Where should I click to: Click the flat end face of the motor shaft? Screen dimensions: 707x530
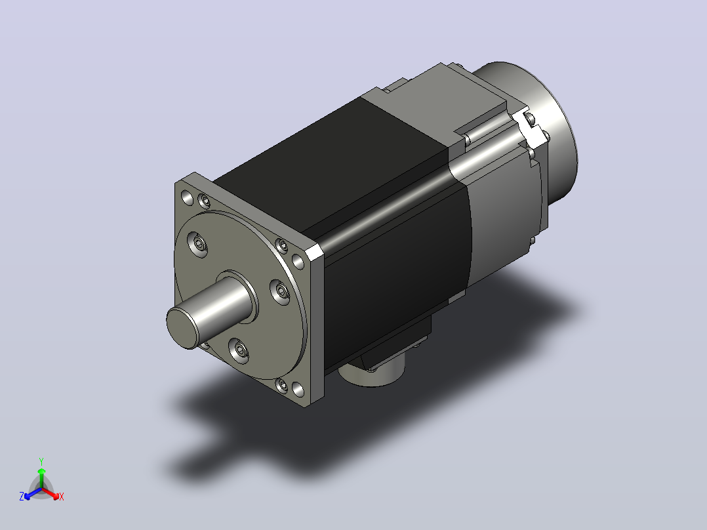point(182,328)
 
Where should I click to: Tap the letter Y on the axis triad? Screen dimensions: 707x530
point(41,461)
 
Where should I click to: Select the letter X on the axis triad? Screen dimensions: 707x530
point(62,497)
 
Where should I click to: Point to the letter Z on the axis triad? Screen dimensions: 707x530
point(21,497)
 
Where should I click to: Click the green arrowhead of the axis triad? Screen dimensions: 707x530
point(41,472)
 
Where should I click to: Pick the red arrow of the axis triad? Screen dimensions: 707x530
point(51,493)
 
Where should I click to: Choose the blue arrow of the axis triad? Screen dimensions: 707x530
point(33,493)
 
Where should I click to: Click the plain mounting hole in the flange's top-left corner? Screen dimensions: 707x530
point(187,197)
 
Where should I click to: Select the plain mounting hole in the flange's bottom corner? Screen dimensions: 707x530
point(298,389)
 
